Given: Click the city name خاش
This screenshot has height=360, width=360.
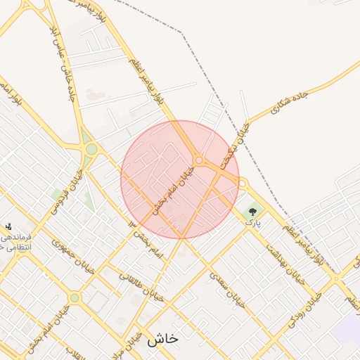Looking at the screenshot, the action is tap(162, 338).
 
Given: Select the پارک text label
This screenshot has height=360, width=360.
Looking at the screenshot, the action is tap(252, 221).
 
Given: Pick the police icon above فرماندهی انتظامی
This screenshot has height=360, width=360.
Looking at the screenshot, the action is tap(8, 226).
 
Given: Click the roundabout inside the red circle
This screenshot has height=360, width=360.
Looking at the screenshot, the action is tap(199, 161).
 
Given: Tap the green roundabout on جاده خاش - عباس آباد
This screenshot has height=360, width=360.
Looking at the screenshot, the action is tap(91, 149).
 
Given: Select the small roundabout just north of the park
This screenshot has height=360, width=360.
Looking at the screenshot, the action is tap(243, 184).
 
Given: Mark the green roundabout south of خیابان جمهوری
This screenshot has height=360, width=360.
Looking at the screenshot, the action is tap(75, 298).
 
